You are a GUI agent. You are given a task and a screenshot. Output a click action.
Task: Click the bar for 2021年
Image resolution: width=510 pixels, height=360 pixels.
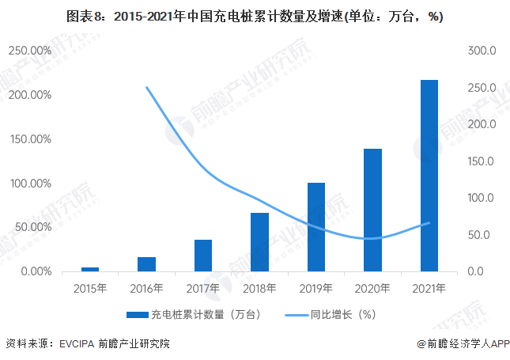click(429, 176)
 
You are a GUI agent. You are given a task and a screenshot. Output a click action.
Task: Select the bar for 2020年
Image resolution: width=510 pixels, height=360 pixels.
click(372, 210)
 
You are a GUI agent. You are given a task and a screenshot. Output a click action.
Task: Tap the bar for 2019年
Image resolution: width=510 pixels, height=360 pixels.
click(316, 227)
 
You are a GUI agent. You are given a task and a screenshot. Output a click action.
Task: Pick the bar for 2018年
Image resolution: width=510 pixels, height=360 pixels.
click(259, 242)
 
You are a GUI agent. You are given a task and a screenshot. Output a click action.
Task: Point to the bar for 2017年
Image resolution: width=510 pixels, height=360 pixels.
click(203, 256)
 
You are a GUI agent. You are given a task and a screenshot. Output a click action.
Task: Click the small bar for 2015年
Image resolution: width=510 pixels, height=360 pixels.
click(90, 269)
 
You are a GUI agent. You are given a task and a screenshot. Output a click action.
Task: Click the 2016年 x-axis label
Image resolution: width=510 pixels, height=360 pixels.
click(146, 289)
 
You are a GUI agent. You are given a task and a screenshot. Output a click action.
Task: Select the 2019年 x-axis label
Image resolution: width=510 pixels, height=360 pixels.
click(316, 289)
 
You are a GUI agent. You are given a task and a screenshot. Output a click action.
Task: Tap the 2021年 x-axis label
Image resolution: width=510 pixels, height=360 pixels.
click(429, 289)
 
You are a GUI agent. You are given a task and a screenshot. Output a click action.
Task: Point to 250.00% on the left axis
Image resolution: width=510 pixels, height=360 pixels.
click(30, 51)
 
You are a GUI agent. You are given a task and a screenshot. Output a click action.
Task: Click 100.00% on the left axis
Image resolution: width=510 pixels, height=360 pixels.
click(30, 184)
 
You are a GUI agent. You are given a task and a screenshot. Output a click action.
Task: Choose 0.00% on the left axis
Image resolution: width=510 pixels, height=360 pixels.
click(35, 272)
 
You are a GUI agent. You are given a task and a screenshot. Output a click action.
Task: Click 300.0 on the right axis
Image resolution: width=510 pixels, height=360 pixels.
click(481, 51)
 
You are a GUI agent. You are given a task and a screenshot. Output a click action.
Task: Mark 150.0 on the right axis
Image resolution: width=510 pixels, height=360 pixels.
click(481, 161)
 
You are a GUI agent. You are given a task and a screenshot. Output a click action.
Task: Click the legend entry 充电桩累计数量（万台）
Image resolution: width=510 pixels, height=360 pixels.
click(198, 314)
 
